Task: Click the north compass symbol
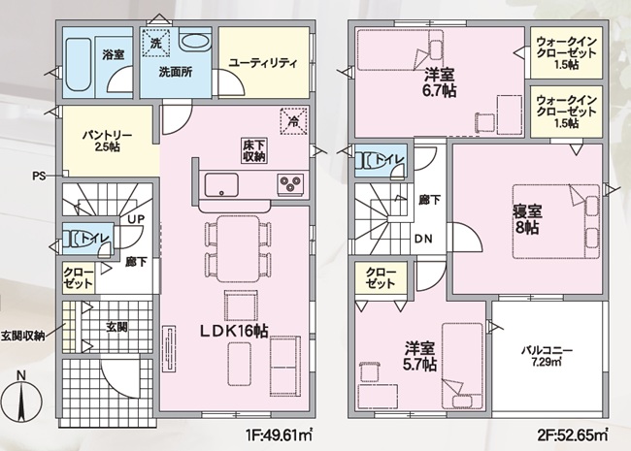21,399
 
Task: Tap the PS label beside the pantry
39,177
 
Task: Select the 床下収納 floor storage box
254,150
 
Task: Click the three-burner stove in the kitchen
290,184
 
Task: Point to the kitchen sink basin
221,185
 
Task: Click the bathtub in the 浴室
78,65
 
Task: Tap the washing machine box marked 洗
155,43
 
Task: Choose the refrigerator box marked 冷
294,121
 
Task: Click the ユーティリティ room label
264,63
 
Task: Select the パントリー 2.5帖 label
107,141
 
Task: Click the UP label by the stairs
136,219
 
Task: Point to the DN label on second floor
423,240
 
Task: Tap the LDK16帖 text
235,331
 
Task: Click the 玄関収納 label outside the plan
23,336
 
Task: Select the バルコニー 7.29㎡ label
547,356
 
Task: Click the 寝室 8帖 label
527,219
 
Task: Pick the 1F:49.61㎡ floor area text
280,435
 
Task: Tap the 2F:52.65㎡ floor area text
573,435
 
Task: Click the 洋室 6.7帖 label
440,82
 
